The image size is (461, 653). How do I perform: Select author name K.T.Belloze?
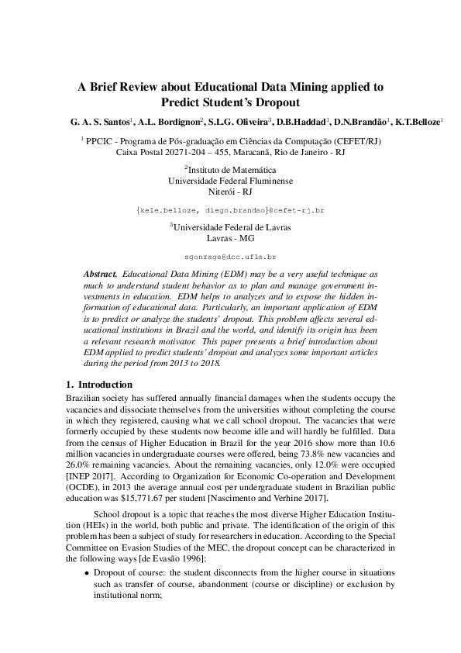pyautogui.click(x=417, y=122)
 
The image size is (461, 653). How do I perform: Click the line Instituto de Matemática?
pyautogui.click(x=230, y=169)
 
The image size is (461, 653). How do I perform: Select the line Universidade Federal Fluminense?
pyautogui.click(x=230, y=180)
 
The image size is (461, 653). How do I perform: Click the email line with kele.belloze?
pyautogui.click(x=230, y=210)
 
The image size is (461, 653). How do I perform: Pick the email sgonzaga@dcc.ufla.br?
pyautogui.click(x=230, y=256)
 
